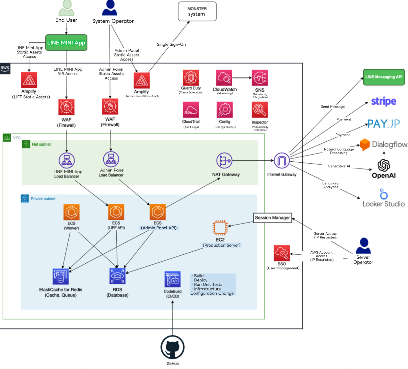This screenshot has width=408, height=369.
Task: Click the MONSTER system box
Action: point(197,11)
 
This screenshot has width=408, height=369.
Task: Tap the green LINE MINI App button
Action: point(66,43)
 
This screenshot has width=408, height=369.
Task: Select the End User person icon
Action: point(66,8)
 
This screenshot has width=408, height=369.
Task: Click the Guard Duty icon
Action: point(191,78)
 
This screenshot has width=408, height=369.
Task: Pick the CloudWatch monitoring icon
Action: point(224,78)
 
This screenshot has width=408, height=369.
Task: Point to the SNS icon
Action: point(260,78)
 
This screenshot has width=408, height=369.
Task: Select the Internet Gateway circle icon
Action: point(281,161)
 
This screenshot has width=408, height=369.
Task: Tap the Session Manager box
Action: point(272,218)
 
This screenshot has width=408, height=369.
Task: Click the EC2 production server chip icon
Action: point(220,228)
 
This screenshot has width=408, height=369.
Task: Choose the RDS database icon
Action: point(117,276)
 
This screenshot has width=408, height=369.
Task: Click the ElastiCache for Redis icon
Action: point(60,277)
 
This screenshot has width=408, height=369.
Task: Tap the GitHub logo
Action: point(172,347)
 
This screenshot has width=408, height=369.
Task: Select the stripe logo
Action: point(383,101)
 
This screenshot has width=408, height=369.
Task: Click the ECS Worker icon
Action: point(72,212)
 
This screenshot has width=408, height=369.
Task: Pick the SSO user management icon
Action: point(281,253)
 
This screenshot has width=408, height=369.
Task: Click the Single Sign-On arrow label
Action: point(171,44)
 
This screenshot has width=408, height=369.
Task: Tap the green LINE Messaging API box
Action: point(384,77)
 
